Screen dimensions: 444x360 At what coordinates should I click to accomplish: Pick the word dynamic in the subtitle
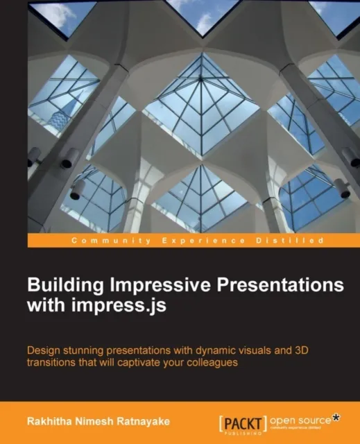point(212,351)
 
